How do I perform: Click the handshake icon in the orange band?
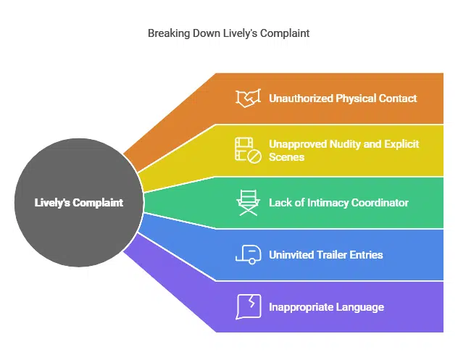(x=248, y=98)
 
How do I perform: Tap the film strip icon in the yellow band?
(x=248, y=150)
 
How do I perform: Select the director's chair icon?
(x=248, y=203)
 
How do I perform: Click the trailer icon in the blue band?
(x=248, y=254)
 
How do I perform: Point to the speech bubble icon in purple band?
(x=248, y=306)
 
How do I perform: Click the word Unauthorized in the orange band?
(x=301, y=98)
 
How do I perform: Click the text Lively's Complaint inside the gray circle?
(x=78, y=203)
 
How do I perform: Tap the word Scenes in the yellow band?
(x=286, y=156)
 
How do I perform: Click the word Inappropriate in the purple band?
(x=297, y=307)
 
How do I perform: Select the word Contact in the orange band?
(x=397, y=98)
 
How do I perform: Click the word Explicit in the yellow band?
(x=401, y=144)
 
